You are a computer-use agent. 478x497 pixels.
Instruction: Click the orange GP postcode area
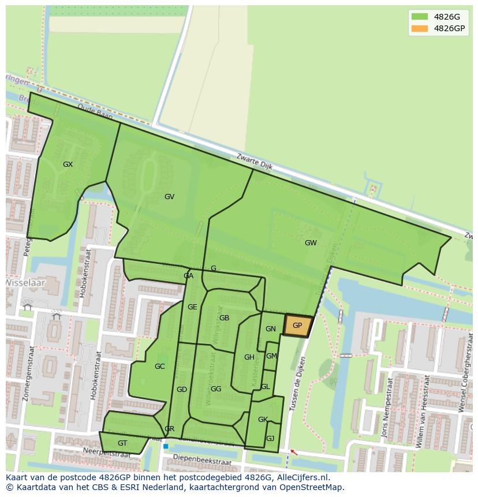[297, 326]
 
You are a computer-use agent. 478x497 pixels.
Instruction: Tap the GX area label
[68, 165]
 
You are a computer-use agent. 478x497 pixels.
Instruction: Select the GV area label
[169, 197]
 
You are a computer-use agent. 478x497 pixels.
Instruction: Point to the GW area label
[311, 243]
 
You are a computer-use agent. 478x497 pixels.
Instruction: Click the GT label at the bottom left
[122, 443]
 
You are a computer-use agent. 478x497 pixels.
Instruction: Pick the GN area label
[270, 329]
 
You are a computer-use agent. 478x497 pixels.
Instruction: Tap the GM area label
[271, 356]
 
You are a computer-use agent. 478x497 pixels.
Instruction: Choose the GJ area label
[270, 439]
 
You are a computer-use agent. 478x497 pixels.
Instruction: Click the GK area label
[263, 420]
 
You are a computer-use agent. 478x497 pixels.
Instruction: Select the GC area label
[159, 367]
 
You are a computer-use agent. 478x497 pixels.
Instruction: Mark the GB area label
[224, 318]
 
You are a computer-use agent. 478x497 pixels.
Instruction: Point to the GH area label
[249, 357]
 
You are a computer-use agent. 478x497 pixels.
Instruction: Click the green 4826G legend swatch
[420, 17]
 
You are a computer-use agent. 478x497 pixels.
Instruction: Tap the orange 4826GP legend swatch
[420, 28]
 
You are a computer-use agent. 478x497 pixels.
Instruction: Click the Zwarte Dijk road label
[255, 162]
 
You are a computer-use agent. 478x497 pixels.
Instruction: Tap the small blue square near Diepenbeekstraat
[166, 446]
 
